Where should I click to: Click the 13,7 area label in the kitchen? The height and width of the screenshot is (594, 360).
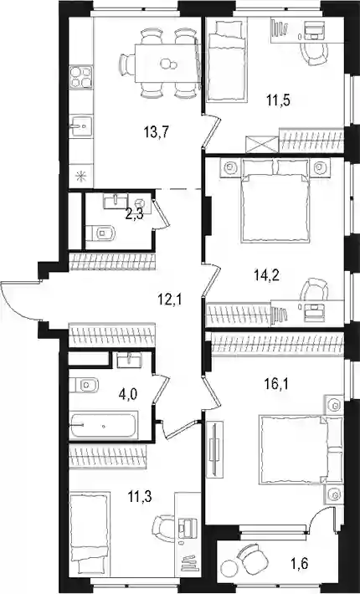(156, 132)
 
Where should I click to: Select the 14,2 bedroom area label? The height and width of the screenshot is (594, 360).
(266, 275)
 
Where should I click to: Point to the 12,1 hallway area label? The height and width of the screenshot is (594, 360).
(170, 300)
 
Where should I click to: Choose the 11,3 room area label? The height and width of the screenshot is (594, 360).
(139, 496)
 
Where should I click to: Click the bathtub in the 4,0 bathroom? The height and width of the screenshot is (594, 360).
(103, 426)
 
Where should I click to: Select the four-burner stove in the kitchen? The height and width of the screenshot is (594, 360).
(81, 77)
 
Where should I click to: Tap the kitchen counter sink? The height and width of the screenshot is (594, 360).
(81, 126)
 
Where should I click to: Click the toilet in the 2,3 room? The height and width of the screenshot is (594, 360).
(100, 233)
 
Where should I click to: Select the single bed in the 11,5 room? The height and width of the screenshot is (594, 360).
(227, 61)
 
